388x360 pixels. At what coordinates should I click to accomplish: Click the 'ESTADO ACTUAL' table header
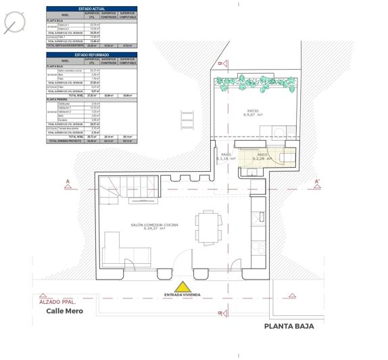click(x=91, y=8)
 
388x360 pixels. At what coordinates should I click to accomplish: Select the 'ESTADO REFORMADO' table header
click(x=91, y=54)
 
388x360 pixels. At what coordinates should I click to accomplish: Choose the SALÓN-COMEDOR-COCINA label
click(x=155, y=226)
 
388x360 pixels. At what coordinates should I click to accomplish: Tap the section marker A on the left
click(x=68, y=181)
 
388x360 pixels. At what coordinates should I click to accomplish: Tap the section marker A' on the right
click(x=317, y=181)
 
